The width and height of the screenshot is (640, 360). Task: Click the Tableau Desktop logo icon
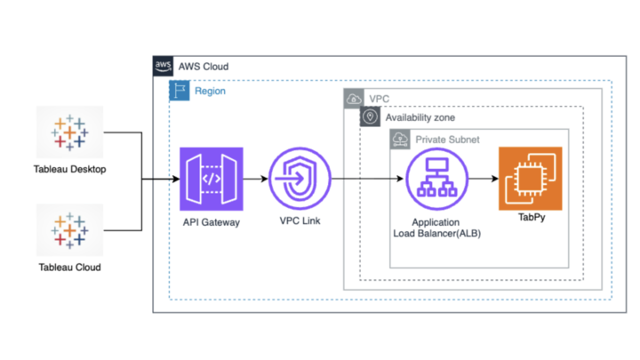(x=68, y=132)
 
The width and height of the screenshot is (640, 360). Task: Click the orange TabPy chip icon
(x=530, y=179)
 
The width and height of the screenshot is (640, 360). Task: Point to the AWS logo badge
(x=163, y=67)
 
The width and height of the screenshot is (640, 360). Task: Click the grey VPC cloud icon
(x=353, y=99)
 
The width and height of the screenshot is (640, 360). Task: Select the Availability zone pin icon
(x=369, y=117)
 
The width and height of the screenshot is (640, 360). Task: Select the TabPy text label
(x=530, y=216)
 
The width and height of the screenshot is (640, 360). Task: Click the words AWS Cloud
(x=204, y=67)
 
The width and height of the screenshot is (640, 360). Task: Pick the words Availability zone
(x=421, y=117)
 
